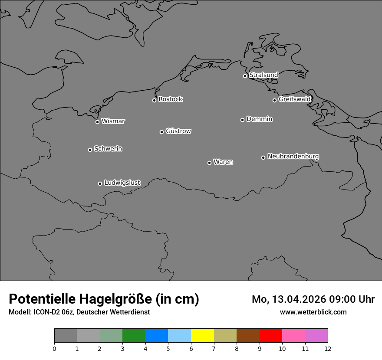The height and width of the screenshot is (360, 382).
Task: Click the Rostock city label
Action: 170,99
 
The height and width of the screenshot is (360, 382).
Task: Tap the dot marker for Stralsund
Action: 245,76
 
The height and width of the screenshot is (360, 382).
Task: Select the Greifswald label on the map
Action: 294,99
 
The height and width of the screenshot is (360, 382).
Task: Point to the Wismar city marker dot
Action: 97,122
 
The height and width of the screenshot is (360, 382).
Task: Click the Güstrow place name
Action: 178,131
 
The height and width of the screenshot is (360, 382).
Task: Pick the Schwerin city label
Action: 108,149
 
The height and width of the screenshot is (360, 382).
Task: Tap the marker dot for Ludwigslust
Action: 100,183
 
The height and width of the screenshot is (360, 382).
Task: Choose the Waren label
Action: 223,162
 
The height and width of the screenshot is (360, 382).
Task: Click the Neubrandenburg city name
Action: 293,156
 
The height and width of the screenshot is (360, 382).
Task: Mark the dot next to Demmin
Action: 242,120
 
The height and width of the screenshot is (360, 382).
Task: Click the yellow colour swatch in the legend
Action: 202,336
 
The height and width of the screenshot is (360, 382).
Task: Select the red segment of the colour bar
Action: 271,336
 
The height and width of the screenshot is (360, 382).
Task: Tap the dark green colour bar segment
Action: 134,336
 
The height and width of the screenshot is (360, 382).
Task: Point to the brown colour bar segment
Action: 248,336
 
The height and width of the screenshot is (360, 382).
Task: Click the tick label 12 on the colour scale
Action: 328,348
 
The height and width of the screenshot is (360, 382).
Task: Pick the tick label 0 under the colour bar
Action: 54,348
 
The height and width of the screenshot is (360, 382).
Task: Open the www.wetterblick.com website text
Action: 313,312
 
